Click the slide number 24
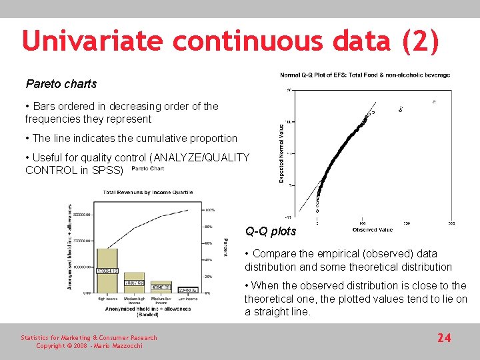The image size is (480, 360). click(x=443, y=338)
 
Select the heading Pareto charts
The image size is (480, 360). click(x=61, y=84)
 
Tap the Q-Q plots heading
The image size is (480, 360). click(x=270, y=232)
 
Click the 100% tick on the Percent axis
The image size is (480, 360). click(x=209, y=209)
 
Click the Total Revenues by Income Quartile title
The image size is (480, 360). click(x=147, y=193)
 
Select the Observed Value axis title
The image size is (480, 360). click(x=372, y=230)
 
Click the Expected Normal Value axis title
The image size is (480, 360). click(x=281, y=152)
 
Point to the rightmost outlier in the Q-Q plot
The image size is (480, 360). click(x=434, y=102)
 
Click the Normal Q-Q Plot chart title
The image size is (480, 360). click(x=365, y=75)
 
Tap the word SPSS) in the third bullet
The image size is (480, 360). click(x=108, y=170)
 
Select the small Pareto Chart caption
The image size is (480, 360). click(x=147, y=169)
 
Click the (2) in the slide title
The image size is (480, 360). click(x=421, y=41)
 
